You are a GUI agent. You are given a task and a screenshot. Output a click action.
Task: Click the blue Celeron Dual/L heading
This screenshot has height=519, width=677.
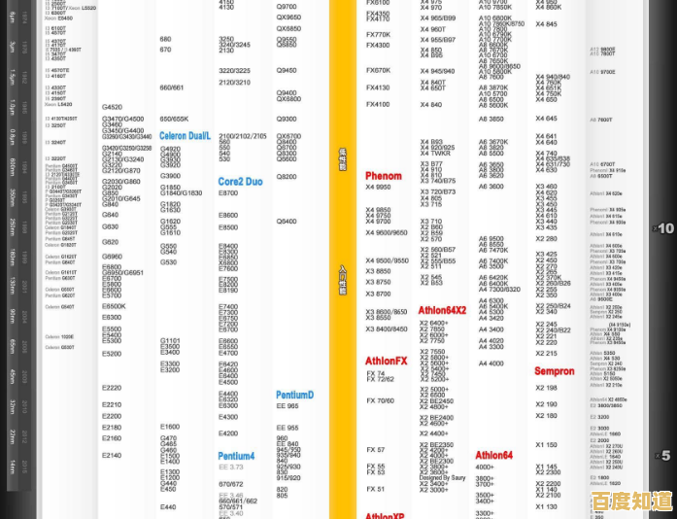pyautogui.click(x=185, y=136)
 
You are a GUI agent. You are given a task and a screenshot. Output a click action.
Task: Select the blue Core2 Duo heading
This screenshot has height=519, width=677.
pyautogui.click(x=240, y=182)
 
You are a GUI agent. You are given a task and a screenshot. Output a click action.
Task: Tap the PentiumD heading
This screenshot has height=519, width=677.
pyautogui.click(x=294, y=396)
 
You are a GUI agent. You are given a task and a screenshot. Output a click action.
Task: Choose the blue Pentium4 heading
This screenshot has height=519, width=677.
pyautogui.click(x=236, y=456)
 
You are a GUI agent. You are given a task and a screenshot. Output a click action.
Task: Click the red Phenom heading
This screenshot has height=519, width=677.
pyautogui.click(x=383, y=176)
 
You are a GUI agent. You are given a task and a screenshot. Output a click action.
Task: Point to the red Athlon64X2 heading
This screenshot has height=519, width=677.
pyautogui.click(x=442, y=310)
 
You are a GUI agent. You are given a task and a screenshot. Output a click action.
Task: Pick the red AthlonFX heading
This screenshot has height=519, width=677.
pyautogui.click(x=387, y=361)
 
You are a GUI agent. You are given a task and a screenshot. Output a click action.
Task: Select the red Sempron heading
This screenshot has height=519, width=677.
pyautogui.click(x=555, y=371)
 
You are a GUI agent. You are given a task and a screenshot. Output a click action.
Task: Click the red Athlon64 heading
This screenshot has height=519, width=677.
pyautogui.click(x=493, y=455)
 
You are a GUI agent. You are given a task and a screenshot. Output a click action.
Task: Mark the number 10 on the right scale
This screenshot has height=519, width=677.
pyautogui.click(x=665, y=228)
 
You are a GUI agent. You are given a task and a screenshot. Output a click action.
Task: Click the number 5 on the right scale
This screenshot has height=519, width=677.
pyautogui.click(x=666, y=455)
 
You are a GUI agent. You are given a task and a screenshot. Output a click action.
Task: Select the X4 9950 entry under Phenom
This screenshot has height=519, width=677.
pyautogui.click(x=378, y=187)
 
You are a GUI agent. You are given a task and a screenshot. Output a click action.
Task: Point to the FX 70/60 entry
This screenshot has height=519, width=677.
pyautogui.click(x=380, y=400)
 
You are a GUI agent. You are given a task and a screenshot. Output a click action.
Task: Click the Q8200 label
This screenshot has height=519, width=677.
pyautogui.click(x=287, y=176)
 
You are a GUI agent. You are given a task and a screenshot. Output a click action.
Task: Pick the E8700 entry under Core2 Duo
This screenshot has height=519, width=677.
pyautogui.click(x=228, y=193)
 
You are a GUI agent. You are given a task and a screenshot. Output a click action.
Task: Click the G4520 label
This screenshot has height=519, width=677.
pyautogui.click(x=112, y=107)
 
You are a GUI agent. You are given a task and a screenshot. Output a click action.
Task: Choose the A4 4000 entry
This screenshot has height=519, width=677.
pyautogui.click(x=491, y=363)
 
